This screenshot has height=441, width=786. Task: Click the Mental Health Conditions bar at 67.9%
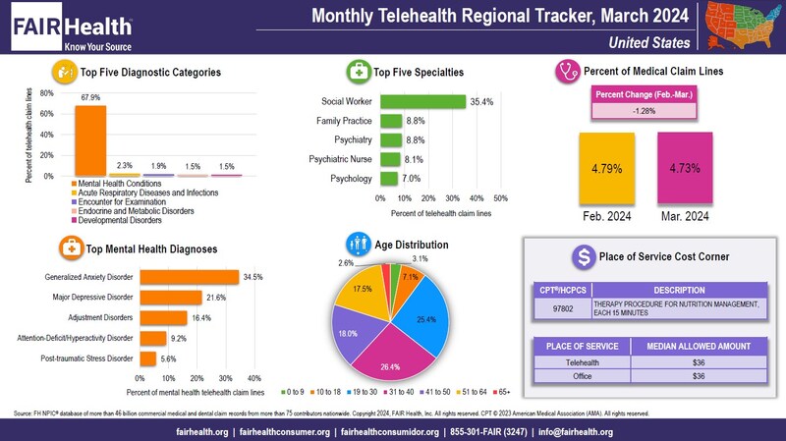pyautogui.click(x=90, y=139)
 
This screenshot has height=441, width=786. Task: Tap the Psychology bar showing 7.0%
pyautogui.click(x=388, y=179)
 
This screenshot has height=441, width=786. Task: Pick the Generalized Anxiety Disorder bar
pyautogui.click(x=189, y=277)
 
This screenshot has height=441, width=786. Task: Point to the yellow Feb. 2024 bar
pyautogui.click(x=607, y=168)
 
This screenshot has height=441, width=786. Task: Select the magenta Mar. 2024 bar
pyautogui.click(x=686, y=168)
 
